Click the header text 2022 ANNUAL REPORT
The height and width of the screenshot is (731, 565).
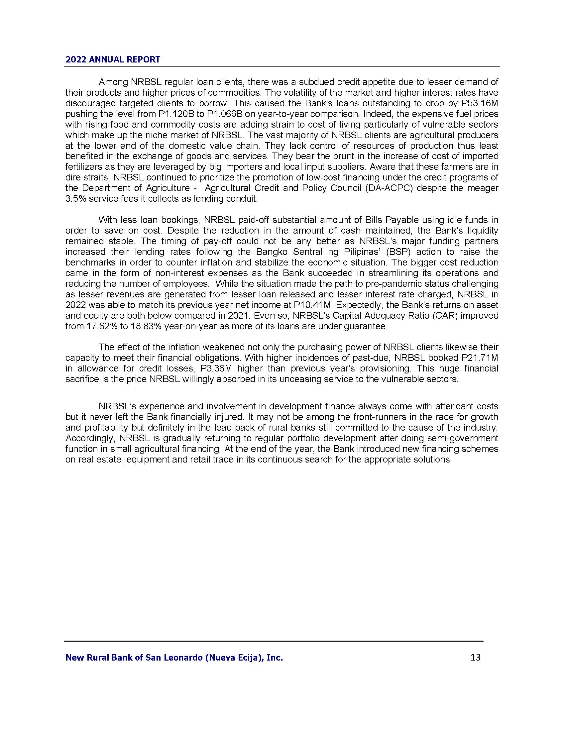113,59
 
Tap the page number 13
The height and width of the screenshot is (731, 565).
475,657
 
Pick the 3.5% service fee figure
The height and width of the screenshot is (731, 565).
76,199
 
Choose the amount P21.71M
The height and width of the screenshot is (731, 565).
480,358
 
